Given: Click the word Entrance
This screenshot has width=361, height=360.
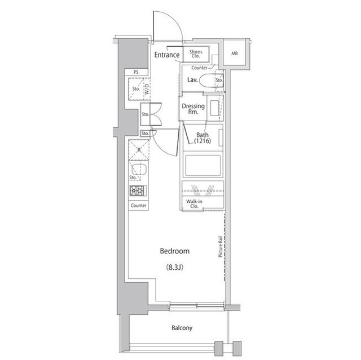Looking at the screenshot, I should coord(166,55).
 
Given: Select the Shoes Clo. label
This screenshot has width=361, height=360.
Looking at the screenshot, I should coord(196,54).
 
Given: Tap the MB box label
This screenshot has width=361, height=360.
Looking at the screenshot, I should coord(234,54).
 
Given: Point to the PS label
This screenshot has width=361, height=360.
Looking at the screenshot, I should coord(136,72).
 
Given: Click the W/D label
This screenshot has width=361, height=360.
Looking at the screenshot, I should coord(146,88).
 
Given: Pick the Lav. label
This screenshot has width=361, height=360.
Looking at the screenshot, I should coord(192,81).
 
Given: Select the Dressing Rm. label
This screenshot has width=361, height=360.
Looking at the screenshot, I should coord(193,109).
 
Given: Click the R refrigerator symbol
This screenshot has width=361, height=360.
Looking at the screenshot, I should coord(138,150).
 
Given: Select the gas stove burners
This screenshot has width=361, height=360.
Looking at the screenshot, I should coord(138,190).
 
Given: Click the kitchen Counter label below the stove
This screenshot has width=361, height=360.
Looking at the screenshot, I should coord(138,206).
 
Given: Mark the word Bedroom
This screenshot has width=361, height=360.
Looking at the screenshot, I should coord(174,251).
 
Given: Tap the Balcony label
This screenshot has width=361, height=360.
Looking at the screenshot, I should coord(182,328).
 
